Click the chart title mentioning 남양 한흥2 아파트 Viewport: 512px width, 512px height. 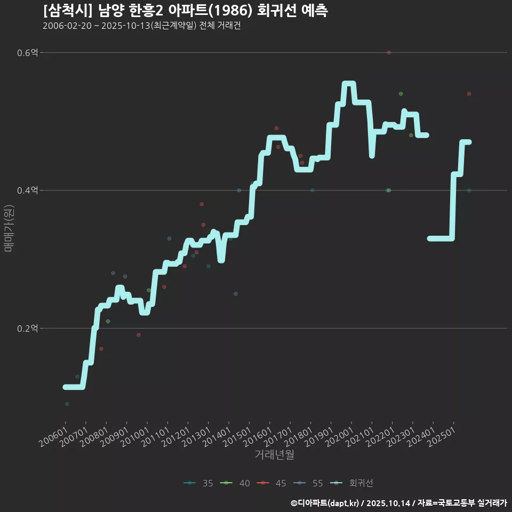pyautogui.click(x=185, y=10)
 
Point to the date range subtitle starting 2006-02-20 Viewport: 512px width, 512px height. pyautogui.click(x=141, y=26)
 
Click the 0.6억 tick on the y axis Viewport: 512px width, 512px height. pyautogui.click(x=27, y=53)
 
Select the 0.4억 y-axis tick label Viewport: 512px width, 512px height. pyautogui.click(x=27, y=190)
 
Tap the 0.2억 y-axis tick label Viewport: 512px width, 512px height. pyautogui.click(x=27, y=329)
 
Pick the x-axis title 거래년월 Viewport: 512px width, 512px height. pyautogui.click(x=274, y=454)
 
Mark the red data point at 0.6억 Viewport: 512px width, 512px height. pyautogui.click(x=389, y=52)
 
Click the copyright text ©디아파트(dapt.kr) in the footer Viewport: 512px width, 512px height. pyautogui.click(x=325, y=503)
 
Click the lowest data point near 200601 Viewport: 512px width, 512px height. pyautogui.click(x=67, y=404)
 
